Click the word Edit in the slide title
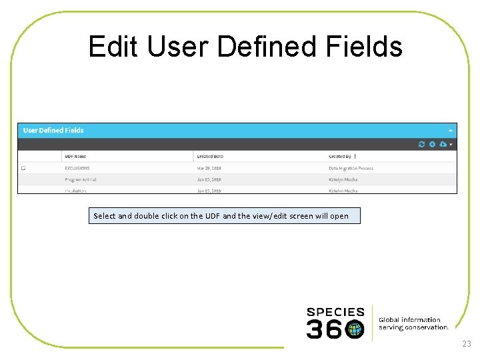[113, 47]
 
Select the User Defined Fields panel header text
[53, 130]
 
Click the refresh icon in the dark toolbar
[421, 144]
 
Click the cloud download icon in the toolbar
[443, 144]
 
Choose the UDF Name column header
[75, 156]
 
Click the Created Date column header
[210, 156]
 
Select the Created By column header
[340, 156]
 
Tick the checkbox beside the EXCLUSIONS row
[23, 168]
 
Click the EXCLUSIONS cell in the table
[77, 168]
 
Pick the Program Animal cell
[81, 179]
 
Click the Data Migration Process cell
[351, 168]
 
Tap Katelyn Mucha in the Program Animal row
[343, 179]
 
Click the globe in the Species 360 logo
[355, 329]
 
